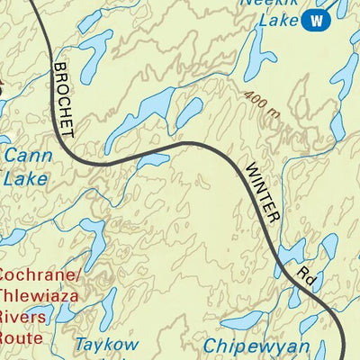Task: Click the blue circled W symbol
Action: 314,20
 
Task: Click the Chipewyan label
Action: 256,346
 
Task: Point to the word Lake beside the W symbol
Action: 274,20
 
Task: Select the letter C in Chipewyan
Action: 210,346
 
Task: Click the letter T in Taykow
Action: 80,345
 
